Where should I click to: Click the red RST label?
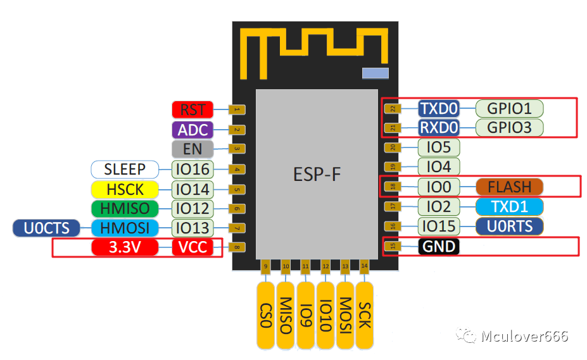(193, 109)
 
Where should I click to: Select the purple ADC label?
(193, 130)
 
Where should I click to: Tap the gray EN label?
(193, 149)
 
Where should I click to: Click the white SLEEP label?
(125, 170)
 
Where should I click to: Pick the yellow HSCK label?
(125, 189)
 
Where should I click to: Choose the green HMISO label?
(125, 208)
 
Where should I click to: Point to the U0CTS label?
(46, 228)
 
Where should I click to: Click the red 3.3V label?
(125, 247)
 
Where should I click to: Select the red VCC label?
(193, 247)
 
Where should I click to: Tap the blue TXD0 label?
(439, 108)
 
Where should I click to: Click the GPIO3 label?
(509, 127)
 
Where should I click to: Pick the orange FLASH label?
(509, 187)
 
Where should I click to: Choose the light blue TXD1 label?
(509, 206)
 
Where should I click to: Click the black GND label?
(439, 246)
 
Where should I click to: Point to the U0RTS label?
(509, 226)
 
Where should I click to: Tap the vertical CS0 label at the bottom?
(266, 315)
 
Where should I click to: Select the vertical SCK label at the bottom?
(365, 315)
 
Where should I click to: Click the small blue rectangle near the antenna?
(375, 73)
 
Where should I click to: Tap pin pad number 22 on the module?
(393, 109)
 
